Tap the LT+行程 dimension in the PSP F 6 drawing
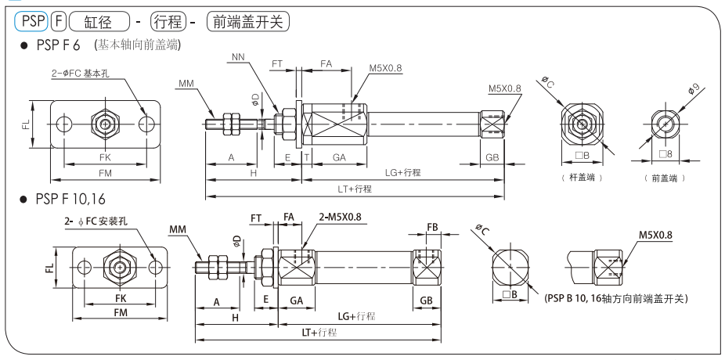coord(354,188)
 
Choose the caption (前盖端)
coord(665,178)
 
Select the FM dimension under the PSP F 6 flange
coord(105,171)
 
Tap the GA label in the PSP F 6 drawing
coord(339,157)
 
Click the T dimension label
coord(306,157)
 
